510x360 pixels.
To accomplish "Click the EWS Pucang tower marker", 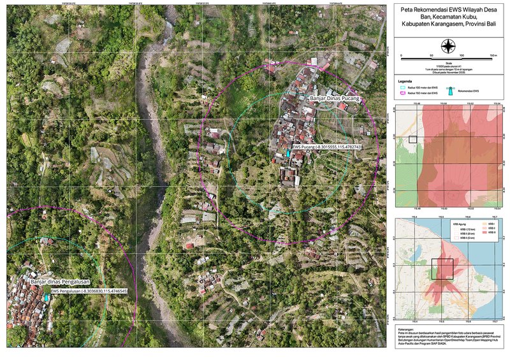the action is [x=288, y=154].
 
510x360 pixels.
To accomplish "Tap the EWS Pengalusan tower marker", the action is [x=47, y=297].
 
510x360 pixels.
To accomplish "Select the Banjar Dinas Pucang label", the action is [x=334, y=99].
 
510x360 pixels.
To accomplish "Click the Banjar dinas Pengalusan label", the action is [x=60, y=281].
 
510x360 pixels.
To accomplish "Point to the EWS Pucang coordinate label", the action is [x=326, y=147].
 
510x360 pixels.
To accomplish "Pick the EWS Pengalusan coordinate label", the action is [x=89, y=291].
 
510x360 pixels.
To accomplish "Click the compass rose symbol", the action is [x=449, y=45].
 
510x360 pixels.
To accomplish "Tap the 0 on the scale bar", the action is [x=401, y=56].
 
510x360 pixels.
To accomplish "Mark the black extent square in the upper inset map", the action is [x=412, y=139].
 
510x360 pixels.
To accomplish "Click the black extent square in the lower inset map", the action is [x=442, y=269].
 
